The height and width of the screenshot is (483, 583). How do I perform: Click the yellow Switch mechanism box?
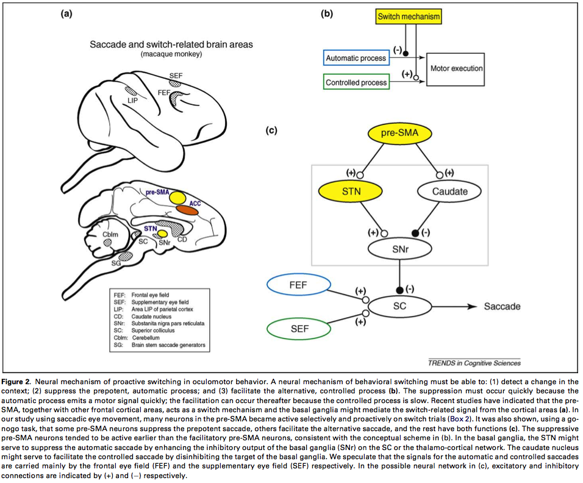tap(408, 17)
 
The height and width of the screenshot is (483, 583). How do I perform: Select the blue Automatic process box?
tap(356, 58)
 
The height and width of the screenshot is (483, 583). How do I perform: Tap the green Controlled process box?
tap(356, 82)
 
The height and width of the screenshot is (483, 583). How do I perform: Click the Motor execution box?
tap(456, 69)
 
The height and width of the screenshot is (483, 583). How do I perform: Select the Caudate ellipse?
tap(450, 191)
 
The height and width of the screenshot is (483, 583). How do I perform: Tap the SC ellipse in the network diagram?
tap(399, 306)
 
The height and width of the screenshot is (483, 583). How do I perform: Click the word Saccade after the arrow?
tap(502, 306)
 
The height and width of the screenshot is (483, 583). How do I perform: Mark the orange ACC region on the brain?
tap(188, 209)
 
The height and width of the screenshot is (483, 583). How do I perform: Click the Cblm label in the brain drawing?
tap(110, 234)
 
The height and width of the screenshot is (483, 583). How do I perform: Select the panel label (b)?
tap(327, 12)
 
